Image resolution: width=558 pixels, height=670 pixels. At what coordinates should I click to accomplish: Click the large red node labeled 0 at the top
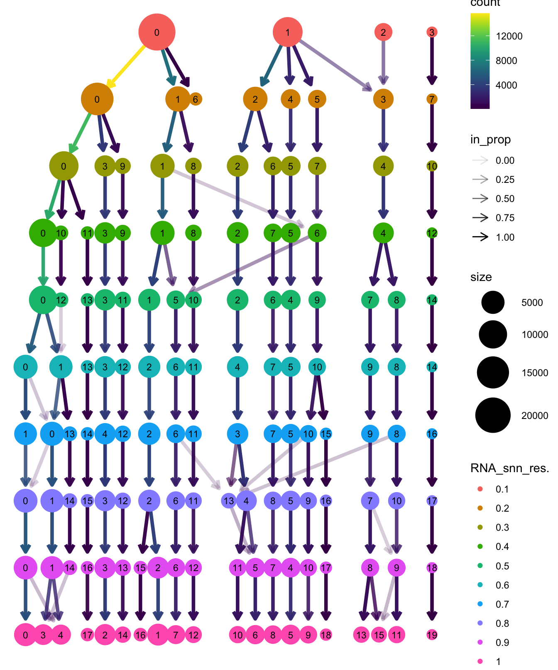click(x=157, y=32)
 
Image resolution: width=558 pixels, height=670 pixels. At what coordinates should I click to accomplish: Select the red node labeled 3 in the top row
click(x=432, y=32)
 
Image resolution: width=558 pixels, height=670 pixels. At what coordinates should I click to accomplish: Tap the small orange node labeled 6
click(x=196, y=99)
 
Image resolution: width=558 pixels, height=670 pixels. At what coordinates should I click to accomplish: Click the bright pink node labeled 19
click(x=432, y=635)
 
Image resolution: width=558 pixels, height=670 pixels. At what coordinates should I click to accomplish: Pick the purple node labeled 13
click(x=229, y=501)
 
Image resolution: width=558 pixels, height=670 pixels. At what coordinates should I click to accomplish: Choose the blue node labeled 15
click(x=326, y=434)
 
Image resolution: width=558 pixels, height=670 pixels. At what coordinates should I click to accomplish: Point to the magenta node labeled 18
click(x=432, y=568)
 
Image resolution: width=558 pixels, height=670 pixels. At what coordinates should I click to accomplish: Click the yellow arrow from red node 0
click(x=126, y=66)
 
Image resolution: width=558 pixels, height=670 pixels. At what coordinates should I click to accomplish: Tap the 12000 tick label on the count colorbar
click(x=509, y=36)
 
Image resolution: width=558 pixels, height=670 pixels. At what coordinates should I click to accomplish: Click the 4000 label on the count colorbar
click(x=506, y=85)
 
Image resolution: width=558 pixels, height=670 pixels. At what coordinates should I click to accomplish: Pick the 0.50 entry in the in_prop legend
click(x=505, y=199)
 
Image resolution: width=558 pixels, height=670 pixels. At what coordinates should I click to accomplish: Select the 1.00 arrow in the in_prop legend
click(x=481, y=237)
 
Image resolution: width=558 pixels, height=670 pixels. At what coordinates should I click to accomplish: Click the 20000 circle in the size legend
click(x=493, y=415)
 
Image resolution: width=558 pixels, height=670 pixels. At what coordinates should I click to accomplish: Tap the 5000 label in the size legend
click(x=532, y=303)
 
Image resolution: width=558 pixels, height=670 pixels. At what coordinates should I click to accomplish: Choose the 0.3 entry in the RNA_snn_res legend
click(x=502, y=527)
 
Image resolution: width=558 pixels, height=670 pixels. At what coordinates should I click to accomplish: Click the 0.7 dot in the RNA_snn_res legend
click(x=480, y=604)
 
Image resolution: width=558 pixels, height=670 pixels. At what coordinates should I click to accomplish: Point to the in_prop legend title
click(x=490, y=140)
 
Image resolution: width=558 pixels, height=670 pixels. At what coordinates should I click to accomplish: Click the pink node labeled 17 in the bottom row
click(x=87, y=635)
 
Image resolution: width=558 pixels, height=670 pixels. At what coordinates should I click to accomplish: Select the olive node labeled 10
click(x=432, y=166)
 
